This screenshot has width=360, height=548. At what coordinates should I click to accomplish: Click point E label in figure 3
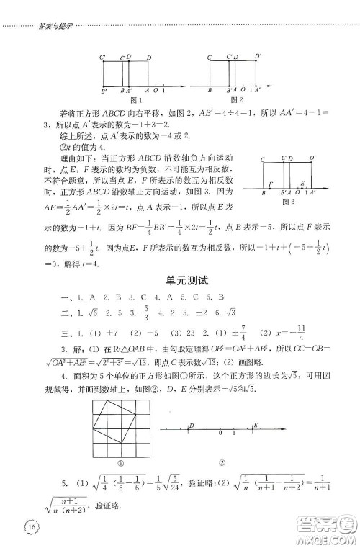[302, 185]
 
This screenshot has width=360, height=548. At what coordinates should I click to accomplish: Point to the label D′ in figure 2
[257, 55]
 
